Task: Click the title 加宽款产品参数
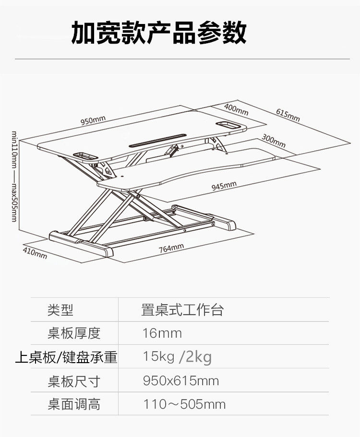click(159, 32)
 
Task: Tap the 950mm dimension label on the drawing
click(93, 120)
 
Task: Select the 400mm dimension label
click(236, 109)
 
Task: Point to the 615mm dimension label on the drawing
click(288, 115)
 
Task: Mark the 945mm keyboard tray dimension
click(224, 185)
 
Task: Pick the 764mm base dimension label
click(171, 248)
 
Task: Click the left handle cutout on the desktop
click(85, 155)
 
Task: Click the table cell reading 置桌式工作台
click(182, 310)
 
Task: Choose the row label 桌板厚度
click(74, 333)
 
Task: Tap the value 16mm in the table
click(162, 333)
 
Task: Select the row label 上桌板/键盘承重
click(66, 357)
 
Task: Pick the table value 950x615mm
click(181, 381)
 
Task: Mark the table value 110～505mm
click(184, 404)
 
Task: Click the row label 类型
click(60, 310)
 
